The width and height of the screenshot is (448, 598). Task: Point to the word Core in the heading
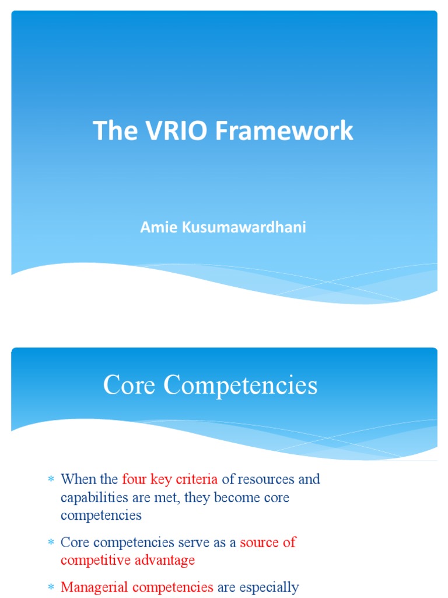click(129, 385)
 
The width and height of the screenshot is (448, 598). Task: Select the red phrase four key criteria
click(170, 480)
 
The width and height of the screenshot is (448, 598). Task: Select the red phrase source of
click(268, 543)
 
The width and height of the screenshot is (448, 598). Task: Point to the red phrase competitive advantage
click(128, 560)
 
